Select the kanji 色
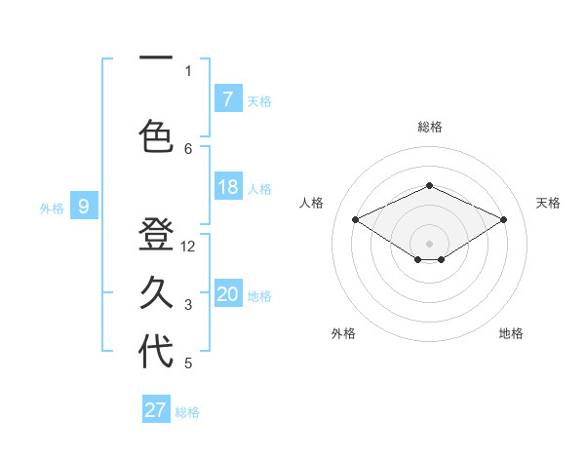click(x=156, y=135)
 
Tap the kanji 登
click(x=156, y=235)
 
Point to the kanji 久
click(x=156, y=292)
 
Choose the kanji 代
click(x=156, y=352)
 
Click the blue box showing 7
click(x=227, y=98)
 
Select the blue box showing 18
click(x=227, y=187)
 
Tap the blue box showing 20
click(x=227, y=294)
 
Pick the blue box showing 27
click(x=156, y=410)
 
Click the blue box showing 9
click(x=84, y=206)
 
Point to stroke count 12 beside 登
click(x=189, y=247)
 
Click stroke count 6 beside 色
click(x=188, y=148)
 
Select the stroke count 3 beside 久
click(x=188, y=305)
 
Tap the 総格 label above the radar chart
click(x=429, y=127)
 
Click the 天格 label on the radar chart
click(x=548, y=203)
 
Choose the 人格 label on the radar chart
click(x=311, y=203)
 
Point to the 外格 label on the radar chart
click(x=343, y=333)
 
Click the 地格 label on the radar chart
click(x=511, y=333)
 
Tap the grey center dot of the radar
click(x=429, y=242)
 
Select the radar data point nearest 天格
click(x=504, y=220)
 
